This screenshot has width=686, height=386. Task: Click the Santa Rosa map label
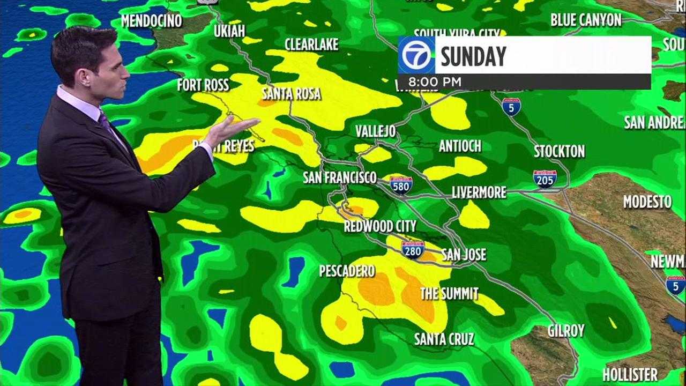(291, 94)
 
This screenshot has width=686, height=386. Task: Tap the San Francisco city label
(340, 177)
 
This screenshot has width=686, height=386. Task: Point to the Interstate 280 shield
(413, 249)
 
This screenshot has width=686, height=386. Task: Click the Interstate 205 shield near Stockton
(545, 179)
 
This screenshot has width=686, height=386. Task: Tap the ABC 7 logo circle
(416, 55)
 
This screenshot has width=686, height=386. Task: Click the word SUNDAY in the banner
(473, 56)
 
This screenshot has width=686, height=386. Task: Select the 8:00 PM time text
(435, 82)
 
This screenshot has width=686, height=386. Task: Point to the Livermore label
(479, 192)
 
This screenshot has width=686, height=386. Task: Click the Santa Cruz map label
(444, 339)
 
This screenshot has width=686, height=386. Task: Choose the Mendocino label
(151, 21)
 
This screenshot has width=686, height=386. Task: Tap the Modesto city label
(647, 202)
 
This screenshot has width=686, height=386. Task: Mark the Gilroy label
(566, 331)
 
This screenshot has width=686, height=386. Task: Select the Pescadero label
(347, 271)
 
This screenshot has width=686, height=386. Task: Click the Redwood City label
(379, 226)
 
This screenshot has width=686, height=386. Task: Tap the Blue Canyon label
(586, 20)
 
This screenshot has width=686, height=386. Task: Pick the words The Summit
(449, 293)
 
